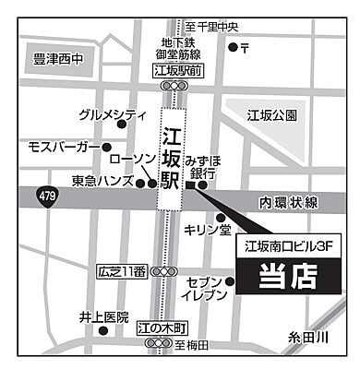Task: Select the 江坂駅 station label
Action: tap(170, 152)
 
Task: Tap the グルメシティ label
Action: tap(113, 115)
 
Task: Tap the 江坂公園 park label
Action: tap(271, 115)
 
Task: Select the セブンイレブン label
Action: tap(203, 287)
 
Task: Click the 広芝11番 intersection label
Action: tap(121, 271)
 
